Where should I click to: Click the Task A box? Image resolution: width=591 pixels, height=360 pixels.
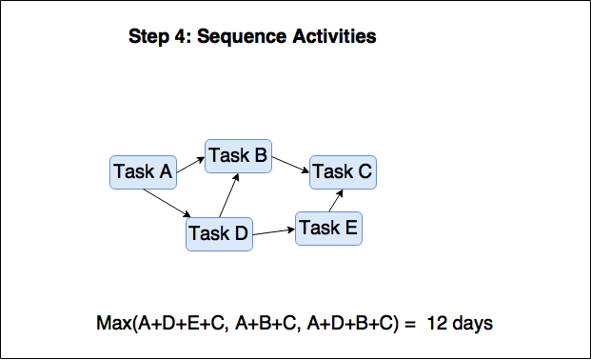click(143, 172)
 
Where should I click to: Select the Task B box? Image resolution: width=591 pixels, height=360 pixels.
click(238, 155)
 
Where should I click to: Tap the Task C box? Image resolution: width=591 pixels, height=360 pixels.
click(342, 172)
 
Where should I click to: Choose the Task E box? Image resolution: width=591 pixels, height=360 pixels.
click(328, 229)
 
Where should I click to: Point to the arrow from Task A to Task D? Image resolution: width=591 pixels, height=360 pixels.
click(169, 204)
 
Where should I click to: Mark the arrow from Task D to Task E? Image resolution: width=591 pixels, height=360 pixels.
click(274, 230)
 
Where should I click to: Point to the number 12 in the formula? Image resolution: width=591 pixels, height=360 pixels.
click(437, 323)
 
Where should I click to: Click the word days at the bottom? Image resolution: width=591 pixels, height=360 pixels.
click(471, 323)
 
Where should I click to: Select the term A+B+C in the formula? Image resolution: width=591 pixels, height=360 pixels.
click(260, 323)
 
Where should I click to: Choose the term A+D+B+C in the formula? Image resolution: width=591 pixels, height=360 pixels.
click(351, 323)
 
